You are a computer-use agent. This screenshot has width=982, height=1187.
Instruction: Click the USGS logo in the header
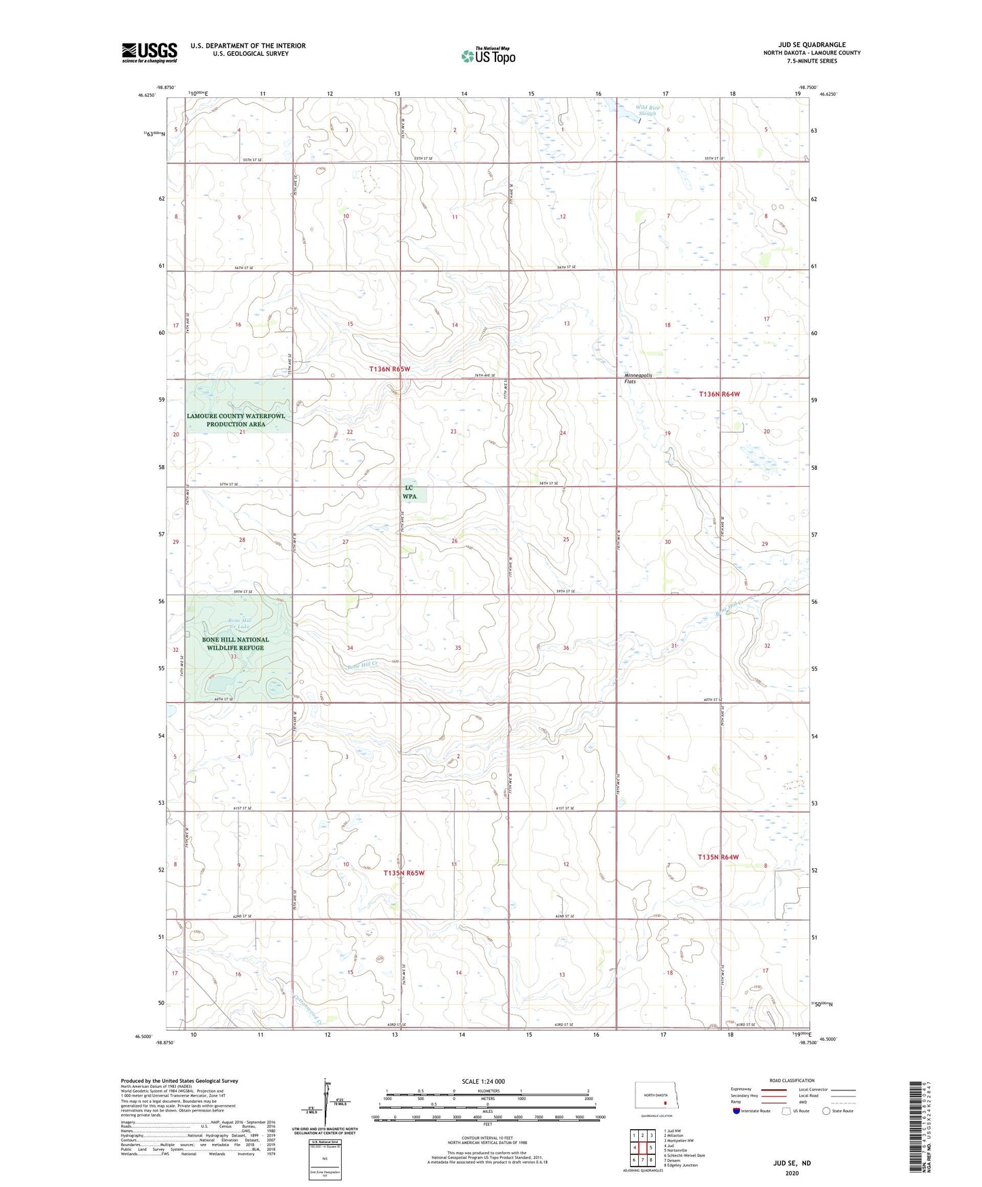150,52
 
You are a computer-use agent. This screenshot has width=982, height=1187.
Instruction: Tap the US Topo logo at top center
487,56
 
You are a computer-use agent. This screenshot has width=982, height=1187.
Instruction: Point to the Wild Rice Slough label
647,110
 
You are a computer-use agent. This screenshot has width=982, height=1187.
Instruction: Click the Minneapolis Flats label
638,378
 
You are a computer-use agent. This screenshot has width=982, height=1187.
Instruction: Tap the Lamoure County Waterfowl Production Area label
236,419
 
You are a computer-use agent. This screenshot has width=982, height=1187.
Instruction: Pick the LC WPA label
409,492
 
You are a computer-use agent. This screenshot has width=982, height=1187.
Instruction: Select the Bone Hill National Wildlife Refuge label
235,643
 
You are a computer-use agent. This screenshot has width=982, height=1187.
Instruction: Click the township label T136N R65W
390,368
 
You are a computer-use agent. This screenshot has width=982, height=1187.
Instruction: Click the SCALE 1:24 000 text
483,1081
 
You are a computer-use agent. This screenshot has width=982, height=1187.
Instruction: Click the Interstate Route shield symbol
737,1111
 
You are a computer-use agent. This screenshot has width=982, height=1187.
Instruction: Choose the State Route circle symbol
826,1111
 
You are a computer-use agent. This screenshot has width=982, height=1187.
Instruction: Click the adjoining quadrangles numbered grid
642,1148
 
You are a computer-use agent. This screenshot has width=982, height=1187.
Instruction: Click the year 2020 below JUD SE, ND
792,1173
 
